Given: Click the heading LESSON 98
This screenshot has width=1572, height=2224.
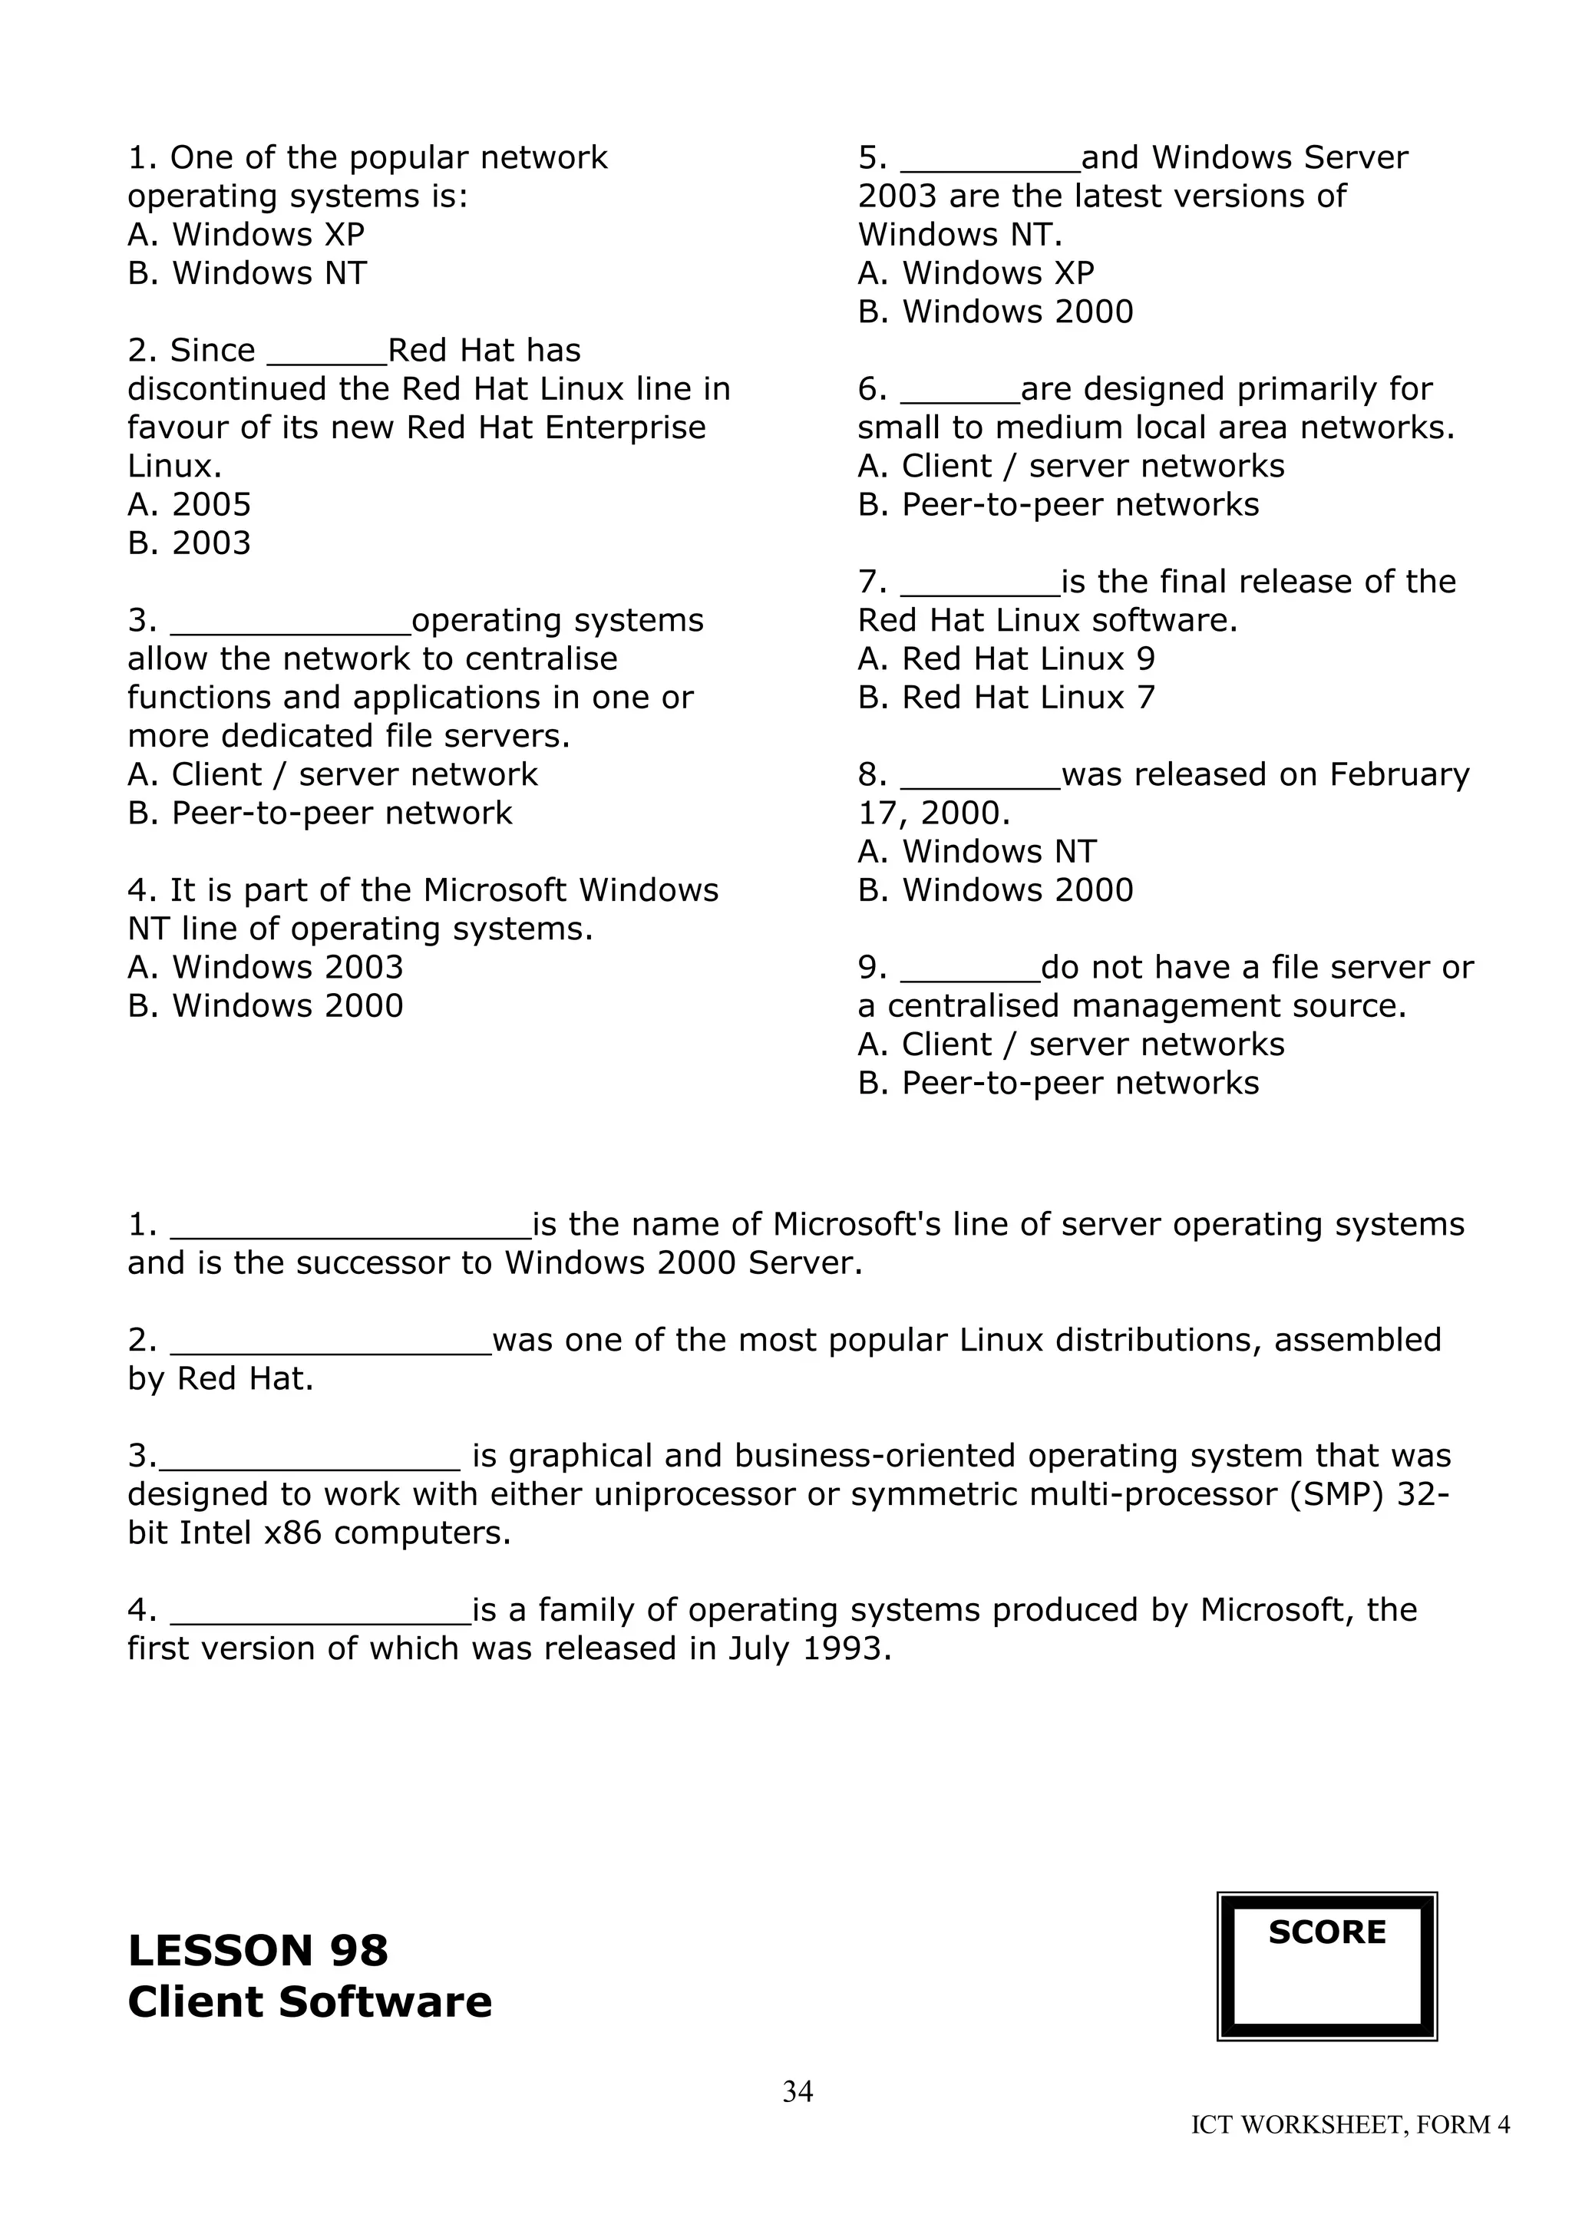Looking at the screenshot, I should tap(258, 1950).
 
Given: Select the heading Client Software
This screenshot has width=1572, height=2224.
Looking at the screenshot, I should tap(310, 2001).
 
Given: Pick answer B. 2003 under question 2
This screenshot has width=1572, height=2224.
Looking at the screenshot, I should tap(189, 543).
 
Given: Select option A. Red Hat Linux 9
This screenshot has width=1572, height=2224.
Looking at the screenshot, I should tap(1006, 658).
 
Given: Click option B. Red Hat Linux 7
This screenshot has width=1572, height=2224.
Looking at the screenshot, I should tap(1006, 698).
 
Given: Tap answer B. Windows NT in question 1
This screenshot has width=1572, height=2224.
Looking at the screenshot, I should tap(247, 273).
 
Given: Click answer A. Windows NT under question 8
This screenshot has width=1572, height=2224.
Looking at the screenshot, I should tap(976, 851).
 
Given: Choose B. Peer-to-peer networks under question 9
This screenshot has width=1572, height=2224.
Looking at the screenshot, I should tap(1058, 1083).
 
